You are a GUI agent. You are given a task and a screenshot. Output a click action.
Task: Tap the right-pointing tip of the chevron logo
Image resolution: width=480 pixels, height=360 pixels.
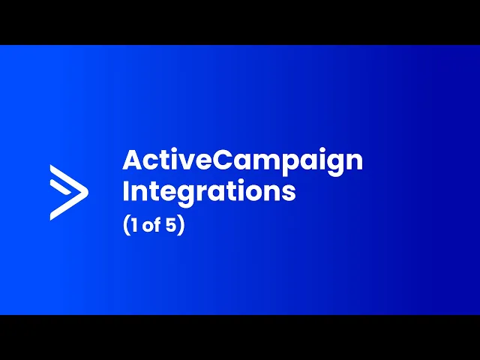coord(88,192)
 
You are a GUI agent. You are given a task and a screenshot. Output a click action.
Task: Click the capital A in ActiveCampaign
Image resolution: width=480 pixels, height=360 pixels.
coord(133,160)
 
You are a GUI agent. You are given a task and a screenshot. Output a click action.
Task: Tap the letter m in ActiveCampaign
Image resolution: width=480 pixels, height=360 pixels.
coord(265,162)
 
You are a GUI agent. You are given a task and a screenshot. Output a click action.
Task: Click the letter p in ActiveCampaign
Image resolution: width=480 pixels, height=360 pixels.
coord(289,165)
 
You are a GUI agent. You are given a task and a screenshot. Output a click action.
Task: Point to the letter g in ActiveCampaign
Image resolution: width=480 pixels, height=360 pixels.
coord(337,165)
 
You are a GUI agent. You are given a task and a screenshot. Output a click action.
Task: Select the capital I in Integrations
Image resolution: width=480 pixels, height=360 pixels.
coord(125,191)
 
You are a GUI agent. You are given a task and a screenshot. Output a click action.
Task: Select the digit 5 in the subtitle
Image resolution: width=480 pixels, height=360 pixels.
coord(171,225)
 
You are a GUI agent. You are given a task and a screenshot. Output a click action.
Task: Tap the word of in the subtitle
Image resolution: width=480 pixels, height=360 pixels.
coord(151,225)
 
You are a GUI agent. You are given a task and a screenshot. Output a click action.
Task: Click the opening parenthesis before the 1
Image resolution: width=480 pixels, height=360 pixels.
coord(126,225)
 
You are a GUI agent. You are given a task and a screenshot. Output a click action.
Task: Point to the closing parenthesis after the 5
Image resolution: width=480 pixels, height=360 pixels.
coord(181,225)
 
